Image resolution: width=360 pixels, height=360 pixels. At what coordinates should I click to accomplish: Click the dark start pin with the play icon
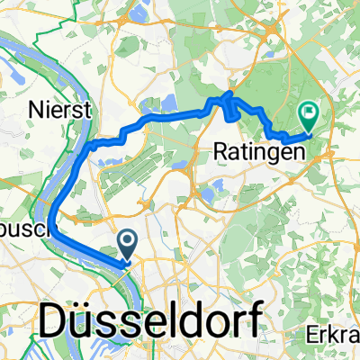(127, 240)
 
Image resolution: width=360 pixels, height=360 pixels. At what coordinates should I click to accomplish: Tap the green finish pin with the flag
(308, 114)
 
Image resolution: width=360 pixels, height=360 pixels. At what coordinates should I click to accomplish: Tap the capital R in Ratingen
(223, 152)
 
